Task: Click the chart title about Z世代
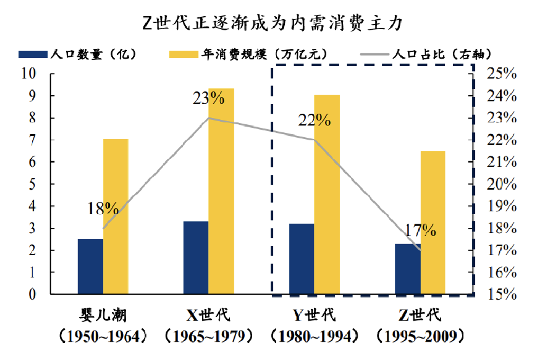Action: pyautogui.click(x=273, y=22)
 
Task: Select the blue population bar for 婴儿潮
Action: pyautogui.click(x=90, y=266)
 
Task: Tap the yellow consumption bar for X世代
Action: pyautogui.click(x=221, y=191)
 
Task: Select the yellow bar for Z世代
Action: pyautogui.click(x=433, y=222)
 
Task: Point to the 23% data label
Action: pyautogui.click(x=208, y=98)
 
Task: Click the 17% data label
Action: pyautogui.click(x=421, y=230)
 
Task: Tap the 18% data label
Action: pyautogui.click(x=104, y=207)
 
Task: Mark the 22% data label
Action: pyautogui.click(x=314, y=120)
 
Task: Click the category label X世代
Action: pyautogui.click(x=208, y=315)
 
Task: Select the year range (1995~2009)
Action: pyautogui.click(x=420, y=336)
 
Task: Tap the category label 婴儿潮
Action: pyautogui.click(x=103, y=315)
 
